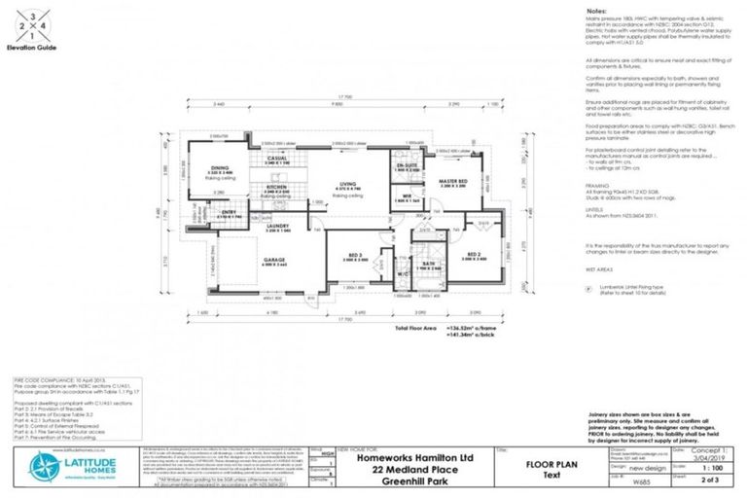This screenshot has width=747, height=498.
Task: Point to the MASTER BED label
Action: click(x=452, y=182)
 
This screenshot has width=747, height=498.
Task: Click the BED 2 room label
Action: click(x=474, y=254)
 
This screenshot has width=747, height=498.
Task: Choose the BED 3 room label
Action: click(x=355, y=256)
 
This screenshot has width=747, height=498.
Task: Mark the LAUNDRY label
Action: click(x=278, y=226)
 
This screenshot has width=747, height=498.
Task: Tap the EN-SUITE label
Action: click(x=407, y=166)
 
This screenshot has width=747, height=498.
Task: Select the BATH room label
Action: click(x=429, y=262)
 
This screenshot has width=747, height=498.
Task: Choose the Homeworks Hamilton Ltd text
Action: click(x=407, y=453)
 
